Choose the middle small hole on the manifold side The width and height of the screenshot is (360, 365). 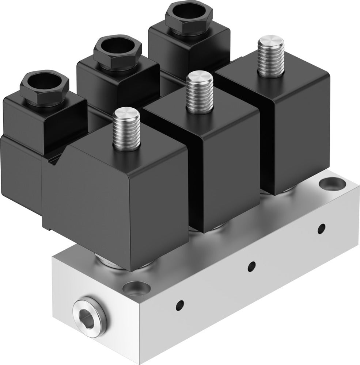251,266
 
